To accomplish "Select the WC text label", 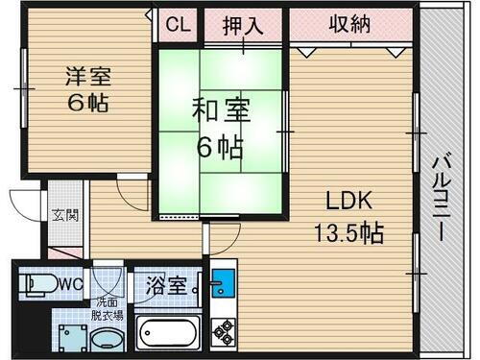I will tap(69, 284).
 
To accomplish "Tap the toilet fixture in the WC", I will tap(36, 285).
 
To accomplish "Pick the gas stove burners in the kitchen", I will tap(224, 332).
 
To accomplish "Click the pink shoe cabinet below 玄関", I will tap(63, 252).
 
